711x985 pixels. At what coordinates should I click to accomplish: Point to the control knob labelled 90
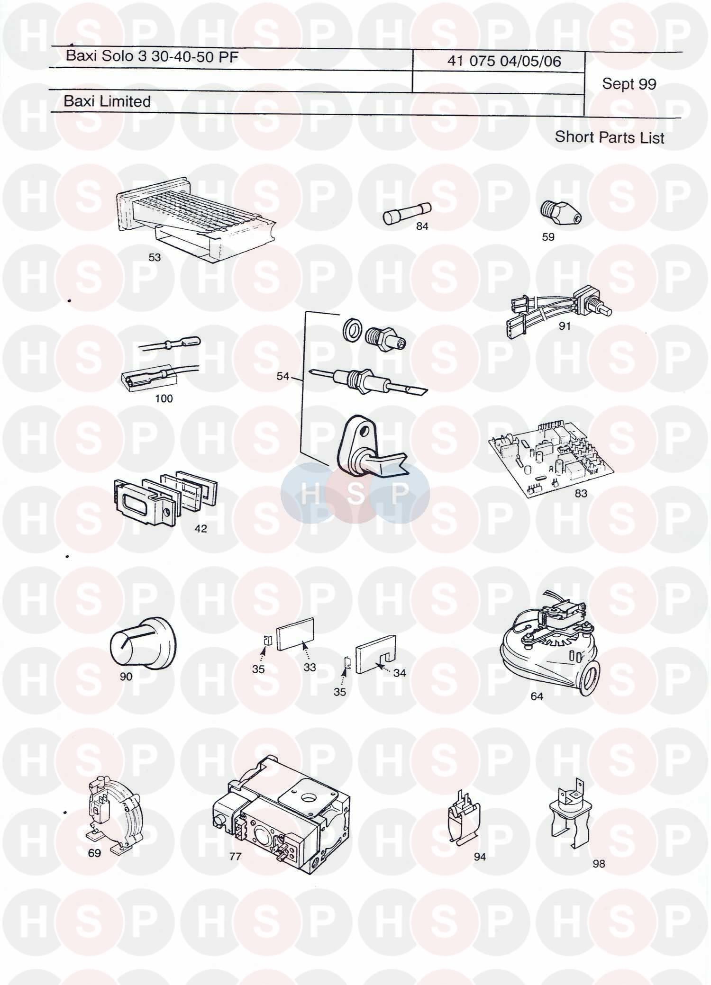(143, 642)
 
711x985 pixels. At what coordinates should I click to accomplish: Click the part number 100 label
(164, 398)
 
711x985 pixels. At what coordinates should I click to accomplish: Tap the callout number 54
(283, 376)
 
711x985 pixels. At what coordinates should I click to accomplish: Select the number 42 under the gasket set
(201, 528)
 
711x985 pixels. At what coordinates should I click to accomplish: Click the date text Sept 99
(629, 84)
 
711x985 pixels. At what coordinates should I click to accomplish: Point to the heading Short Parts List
(610, 137)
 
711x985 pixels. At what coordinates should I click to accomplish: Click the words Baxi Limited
(107, 101)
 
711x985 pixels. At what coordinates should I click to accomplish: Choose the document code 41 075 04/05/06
(504, 61)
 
